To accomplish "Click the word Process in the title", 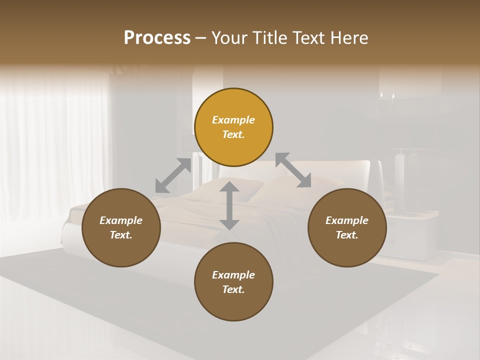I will click(157, 38).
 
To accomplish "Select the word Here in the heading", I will click(348, 38).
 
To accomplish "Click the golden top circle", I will click(233, 127).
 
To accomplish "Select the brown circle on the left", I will click(121, 228).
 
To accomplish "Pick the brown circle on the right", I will click(347, 228).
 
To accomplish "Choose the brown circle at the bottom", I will click(233, 282).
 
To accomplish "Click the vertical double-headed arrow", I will click(229, 205).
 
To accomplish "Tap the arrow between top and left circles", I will click(173, 175).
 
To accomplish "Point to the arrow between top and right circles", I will click(293, 170).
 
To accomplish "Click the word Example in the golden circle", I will click(233, 120).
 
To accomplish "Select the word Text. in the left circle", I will click(121, 235).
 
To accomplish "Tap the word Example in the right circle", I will click(347, 220).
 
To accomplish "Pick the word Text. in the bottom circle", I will click(233, 289).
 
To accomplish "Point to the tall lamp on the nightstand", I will click(400, 182).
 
